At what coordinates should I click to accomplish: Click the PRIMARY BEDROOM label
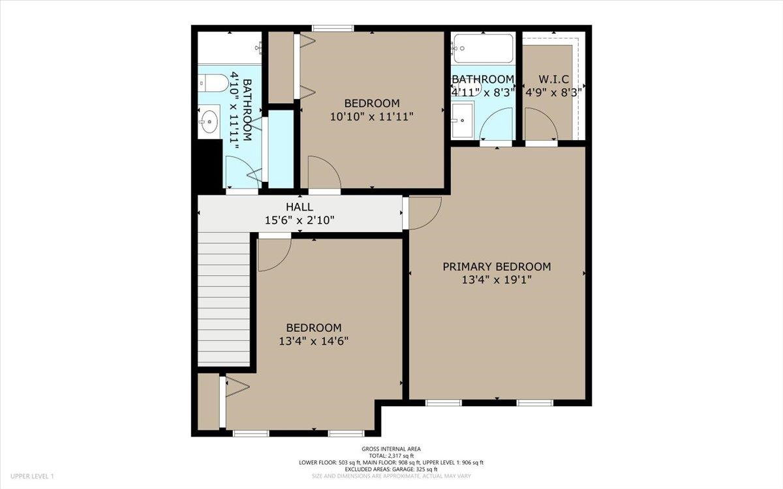[x=497, y=267]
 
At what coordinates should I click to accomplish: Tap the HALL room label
[x=299, y=207]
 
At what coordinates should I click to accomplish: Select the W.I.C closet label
[x=554, y=80]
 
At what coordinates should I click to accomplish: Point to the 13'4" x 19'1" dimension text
[x=497, y=280]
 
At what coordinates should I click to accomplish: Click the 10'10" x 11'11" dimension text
[x=372, y=116]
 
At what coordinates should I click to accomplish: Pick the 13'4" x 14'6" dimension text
[x=314, y=341]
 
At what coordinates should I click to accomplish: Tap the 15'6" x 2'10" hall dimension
[x=299, y=220]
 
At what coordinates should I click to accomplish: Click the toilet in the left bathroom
[x=213, y=83]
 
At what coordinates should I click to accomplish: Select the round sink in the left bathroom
[x=208, y=121]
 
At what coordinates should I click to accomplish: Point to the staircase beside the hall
[x=224, y=299]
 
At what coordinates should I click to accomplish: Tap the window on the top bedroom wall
[x=333, y=28]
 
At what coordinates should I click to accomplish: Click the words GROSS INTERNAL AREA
[x=391, y=449]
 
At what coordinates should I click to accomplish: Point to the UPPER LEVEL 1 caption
[x=32, y=476]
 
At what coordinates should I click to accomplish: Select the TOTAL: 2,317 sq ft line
[x=391, y=456]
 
